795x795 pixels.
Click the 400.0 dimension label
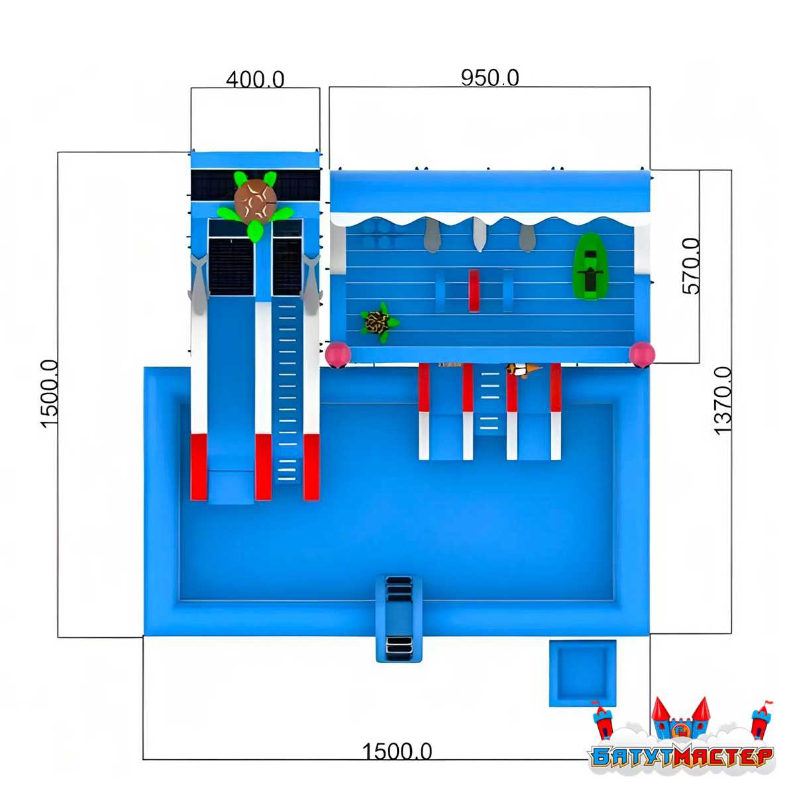pos(255,79)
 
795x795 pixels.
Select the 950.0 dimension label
pos(490,78)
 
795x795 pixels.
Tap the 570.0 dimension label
pos(692,266)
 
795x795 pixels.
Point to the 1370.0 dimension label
pos(723,401)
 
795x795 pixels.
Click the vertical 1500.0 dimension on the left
pos(50,394)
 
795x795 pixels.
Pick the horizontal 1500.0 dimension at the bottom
pos(397,751)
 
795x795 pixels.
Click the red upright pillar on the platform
pos(474,290)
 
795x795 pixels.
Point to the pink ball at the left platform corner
pos(338,354)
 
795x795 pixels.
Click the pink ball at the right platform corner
pos(641,354)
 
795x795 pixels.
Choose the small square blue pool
pos(582,673)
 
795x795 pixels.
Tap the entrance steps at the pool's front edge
pos(399,619)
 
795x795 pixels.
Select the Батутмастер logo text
pos(682,757)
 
